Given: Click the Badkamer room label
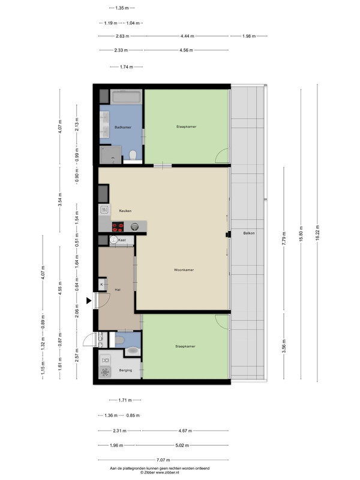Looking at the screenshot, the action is click(123, 127).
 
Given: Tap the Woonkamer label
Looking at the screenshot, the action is click(184, 270).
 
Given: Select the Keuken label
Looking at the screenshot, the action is click(125, 211).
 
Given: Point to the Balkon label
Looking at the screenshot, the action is click(249, 233).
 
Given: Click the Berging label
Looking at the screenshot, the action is click(125, 370).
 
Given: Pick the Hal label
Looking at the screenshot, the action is click(118, 290).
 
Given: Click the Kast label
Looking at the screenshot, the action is click(122, 240).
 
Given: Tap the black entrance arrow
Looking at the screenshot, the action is click(89, 301).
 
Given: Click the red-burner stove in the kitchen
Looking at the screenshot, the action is click(118, 227).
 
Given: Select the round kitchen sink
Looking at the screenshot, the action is click(134, 227).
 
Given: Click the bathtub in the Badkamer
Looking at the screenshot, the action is click(126, 97).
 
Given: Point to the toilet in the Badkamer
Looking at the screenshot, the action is click(133, 155).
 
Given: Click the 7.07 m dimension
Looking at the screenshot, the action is click(163, 460).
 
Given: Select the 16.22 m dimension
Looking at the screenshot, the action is click(317, 233).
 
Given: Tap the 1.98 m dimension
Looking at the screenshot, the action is click(249, 36).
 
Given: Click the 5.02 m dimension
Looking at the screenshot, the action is click(182, 445).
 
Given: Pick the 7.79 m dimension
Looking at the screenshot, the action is click(284, 238).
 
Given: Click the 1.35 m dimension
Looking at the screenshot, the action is click(122, 8).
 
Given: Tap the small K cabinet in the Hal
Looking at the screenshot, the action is click(102, 284).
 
